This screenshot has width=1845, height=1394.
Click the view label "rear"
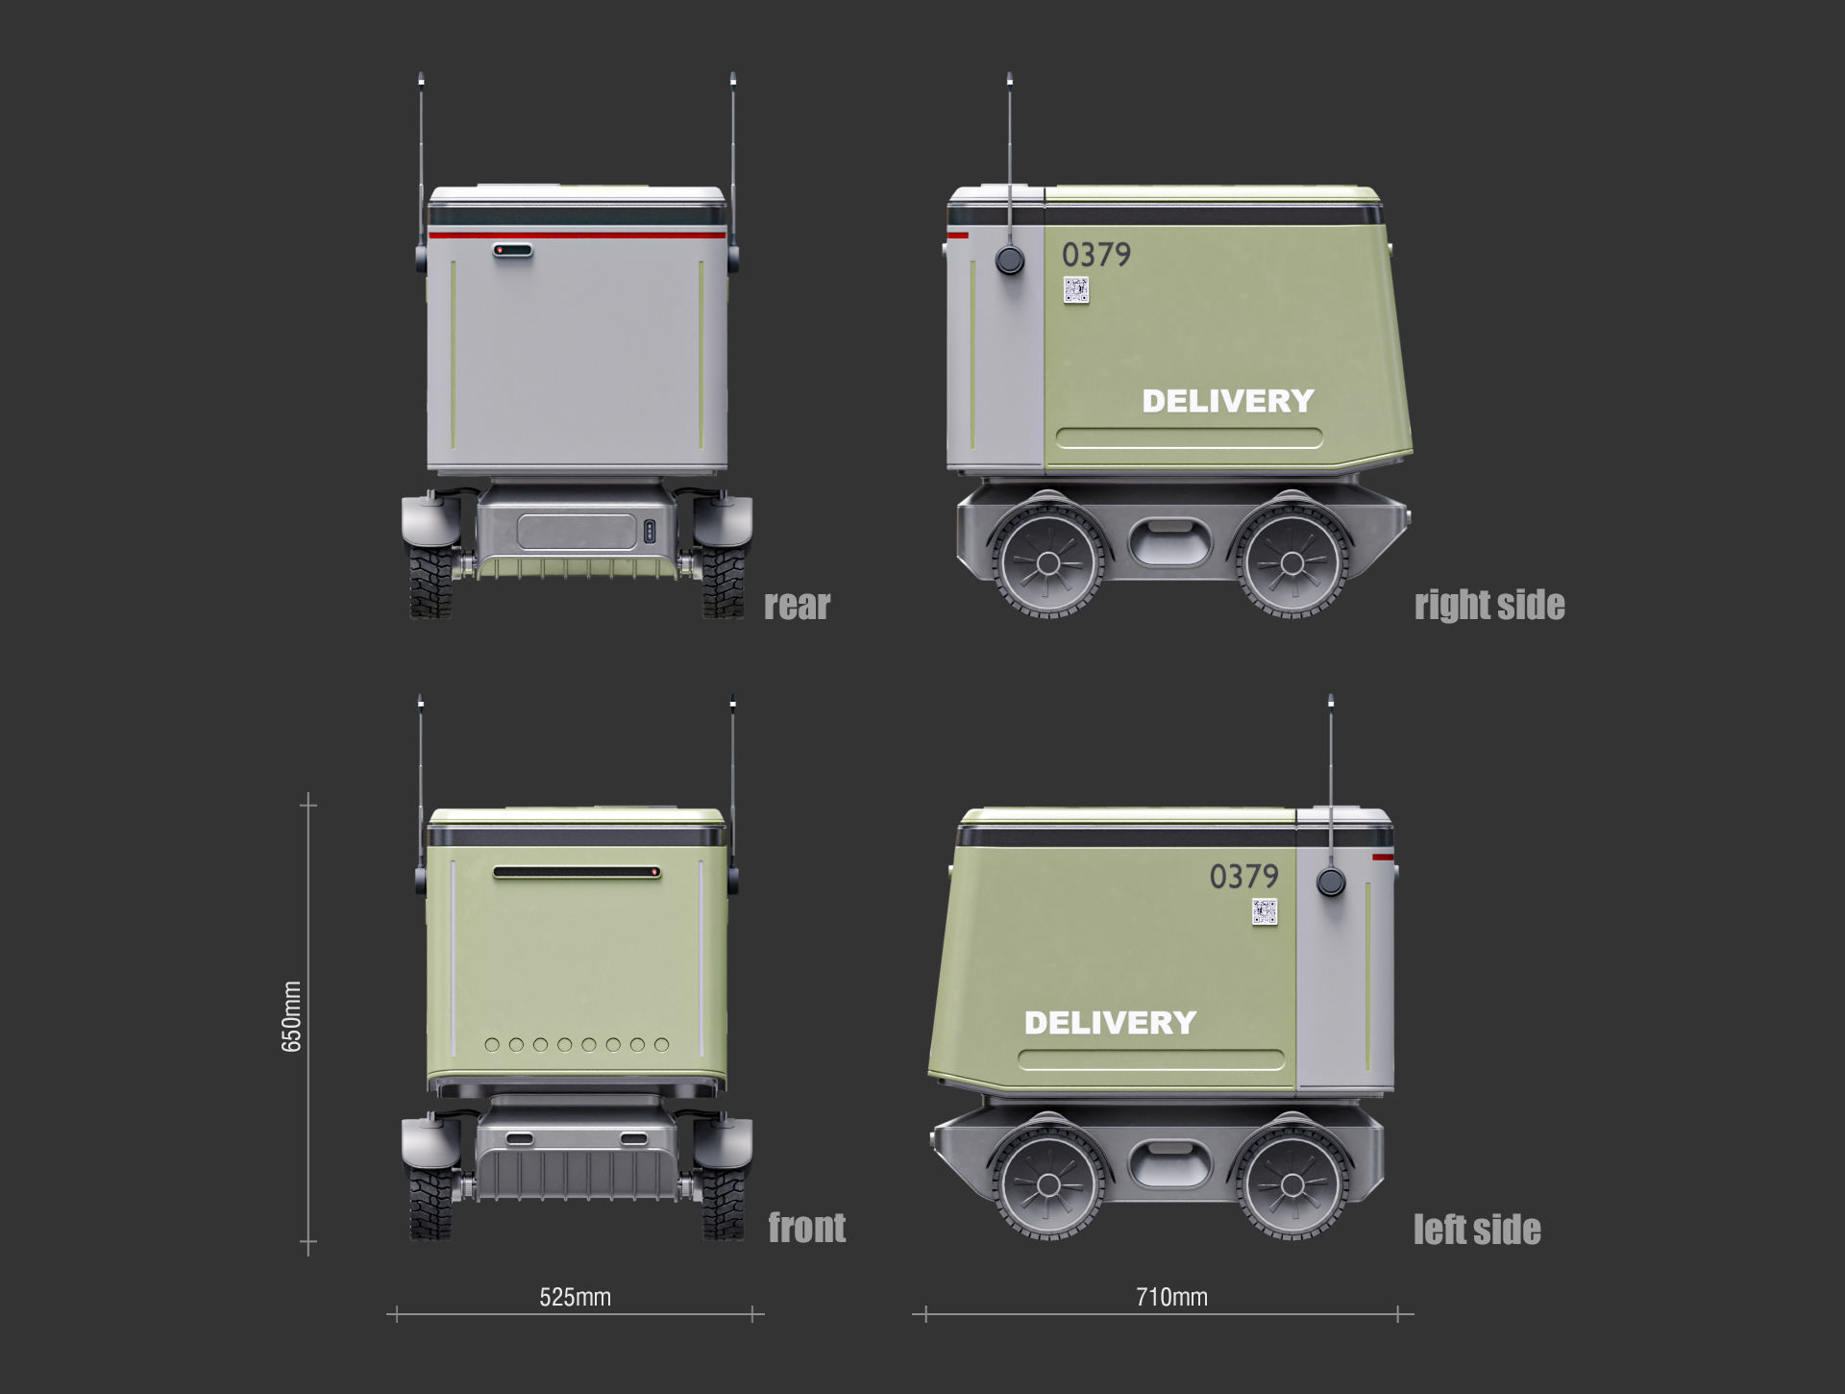[x=797, y=606]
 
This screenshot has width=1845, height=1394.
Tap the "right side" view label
[x=1488, y=606]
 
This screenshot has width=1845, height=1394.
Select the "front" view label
[x=806, y=1228]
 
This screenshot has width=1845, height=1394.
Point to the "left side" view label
[x=1476, y=1230]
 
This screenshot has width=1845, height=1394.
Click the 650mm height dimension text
[x=291, y=1016]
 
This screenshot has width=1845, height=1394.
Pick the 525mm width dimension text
[x=575, y=1297]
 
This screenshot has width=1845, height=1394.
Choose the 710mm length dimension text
[x=1171, y=1297]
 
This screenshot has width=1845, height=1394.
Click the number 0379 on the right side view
[x=1095, y=255]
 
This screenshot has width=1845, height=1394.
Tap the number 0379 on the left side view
[x=1243, y=876]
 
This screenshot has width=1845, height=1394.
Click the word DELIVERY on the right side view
[x=1227, y=401]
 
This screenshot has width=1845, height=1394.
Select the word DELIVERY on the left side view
[x=1110, y=1023]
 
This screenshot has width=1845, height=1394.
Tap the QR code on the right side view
[x=1075, y=290]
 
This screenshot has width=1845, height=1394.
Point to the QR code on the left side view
[x=1265, y=912]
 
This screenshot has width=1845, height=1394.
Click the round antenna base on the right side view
[x=1009, y=260]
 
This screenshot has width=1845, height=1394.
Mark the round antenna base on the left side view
[x=1330, y=882]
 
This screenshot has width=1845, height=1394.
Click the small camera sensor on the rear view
[x=512, y=251]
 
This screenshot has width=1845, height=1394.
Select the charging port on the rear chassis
[x=649, y=532]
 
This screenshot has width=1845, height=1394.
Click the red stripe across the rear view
[x=577, y=235]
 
